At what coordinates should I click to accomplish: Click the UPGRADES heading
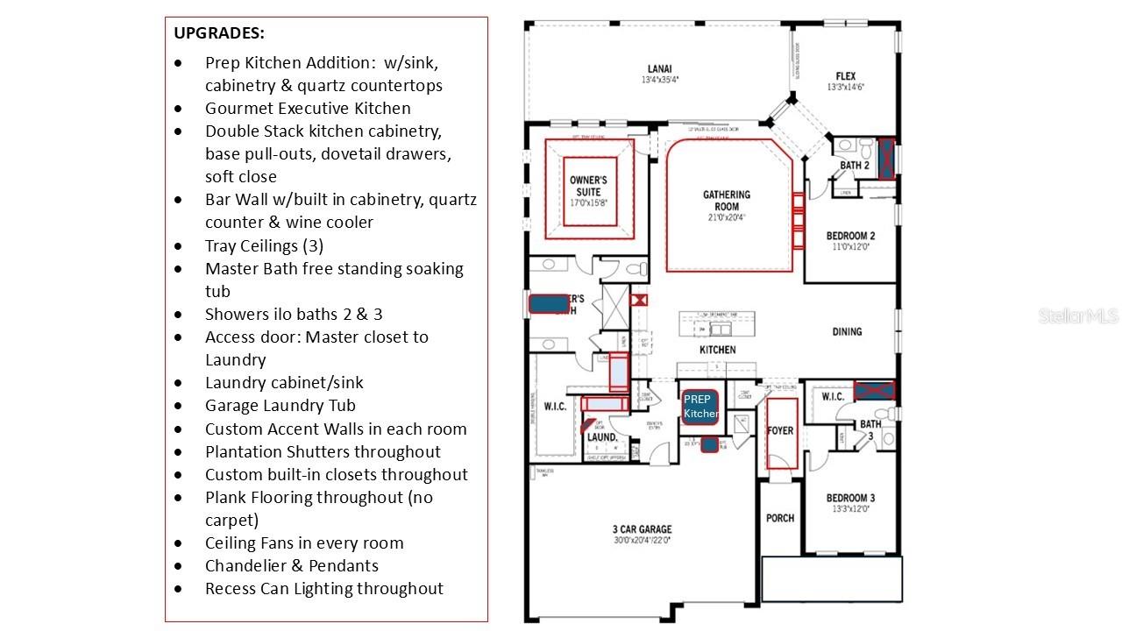pyautogui.click(x=219, y=33)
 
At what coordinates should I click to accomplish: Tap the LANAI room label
pyautogui.click(x=660, y=68)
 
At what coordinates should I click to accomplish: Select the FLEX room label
pyautogui.click(x=845, y=76)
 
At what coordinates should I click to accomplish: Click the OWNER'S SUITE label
pyautogui.click(x=588, y=186)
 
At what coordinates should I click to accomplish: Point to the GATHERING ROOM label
pyautogui.click(x=727, y=201)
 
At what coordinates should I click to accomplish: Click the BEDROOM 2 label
pyautogui.click(x=850, y=236)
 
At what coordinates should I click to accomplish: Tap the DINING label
pyautogui.click(x=847, y=331)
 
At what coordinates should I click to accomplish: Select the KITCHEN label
pyautogui.click(x=717, y=350)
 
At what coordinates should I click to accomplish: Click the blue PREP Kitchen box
pyautogui.click(x=700, y=407)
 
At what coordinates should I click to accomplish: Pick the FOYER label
pyautogui.click(x=780, y=430)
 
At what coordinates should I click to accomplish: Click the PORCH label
pyautogui.click(x=780, y=518)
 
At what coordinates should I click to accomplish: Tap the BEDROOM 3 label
pyautogui.click(x=850, y=498)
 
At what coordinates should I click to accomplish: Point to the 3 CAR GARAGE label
pyautogui.click(x=642, y=529)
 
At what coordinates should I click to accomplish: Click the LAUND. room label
pyautogui.click(x=602, y=437)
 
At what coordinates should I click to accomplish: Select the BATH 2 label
pyautogui.click(x=855, y=166)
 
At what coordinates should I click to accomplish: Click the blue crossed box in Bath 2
pyautogui.click(x=887, y=158)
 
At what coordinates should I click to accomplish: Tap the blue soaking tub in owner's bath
pyautogui.click(x=549, y=304)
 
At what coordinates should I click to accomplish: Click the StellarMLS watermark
pyautogui.click(x=1078, y=315)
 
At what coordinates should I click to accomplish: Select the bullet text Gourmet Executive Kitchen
pyautogui.click(x=308, y=109)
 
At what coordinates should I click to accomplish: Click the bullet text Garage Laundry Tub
pyautogui.click(x=280, y=406)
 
